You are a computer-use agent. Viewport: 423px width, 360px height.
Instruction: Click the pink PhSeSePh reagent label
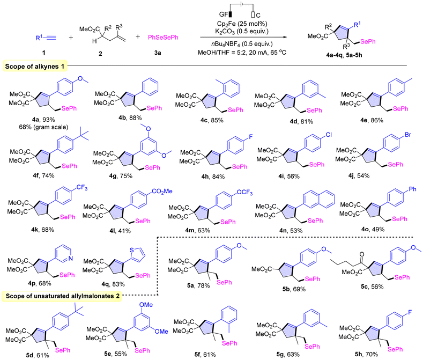[163, 38]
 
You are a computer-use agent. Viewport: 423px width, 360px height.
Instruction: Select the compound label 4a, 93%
[43, 119]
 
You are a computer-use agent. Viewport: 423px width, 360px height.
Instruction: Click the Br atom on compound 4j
[407, 135]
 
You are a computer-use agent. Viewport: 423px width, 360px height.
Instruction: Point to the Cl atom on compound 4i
[329, 135]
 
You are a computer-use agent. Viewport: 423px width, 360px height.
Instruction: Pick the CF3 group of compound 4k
[82, 188]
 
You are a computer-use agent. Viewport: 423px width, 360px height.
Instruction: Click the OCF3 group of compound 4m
[244, 193]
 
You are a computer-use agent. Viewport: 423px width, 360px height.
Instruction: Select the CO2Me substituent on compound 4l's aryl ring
[162, 192]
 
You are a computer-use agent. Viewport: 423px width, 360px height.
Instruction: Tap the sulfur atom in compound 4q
[132, 250]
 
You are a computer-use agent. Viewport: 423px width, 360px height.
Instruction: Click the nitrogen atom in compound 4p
[70, 259]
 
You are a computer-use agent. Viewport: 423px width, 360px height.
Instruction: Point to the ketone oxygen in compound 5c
[362, 254]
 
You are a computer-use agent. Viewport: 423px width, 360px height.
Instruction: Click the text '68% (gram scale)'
[43, 127]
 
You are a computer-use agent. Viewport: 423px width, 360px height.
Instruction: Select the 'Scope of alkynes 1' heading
[35, 67]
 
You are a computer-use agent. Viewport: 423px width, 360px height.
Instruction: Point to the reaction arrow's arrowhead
[285, 38]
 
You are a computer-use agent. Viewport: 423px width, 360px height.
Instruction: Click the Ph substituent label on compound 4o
[412, 189]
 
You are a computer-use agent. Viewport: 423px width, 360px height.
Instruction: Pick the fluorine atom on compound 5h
[410, 312]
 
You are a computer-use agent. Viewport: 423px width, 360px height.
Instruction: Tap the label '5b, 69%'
[294, 289]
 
